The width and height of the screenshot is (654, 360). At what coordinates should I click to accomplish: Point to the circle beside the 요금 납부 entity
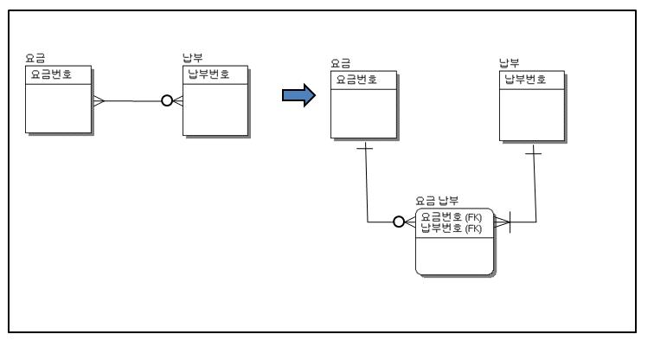point(399,222)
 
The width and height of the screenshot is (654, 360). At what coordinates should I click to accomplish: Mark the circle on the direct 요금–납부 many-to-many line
point(166,101)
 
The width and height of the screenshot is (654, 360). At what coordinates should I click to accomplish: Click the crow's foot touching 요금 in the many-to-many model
point(99,101)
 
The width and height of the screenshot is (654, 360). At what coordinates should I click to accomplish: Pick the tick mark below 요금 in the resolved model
point(366,150)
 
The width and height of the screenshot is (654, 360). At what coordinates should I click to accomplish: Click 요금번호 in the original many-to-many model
point(51,74)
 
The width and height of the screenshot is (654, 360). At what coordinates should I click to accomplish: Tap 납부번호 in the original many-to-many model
point(210,74)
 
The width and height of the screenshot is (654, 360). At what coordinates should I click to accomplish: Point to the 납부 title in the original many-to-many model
point(191,59)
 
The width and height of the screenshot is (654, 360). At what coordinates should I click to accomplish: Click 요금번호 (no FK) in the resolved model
point(356,79)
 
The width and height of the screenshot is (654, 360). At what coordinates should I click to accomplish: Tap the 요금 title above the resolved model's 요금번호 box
point(340,64)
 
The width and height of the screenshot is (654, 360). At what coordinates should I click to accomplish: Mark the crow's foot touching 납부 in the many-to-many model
point(177,101)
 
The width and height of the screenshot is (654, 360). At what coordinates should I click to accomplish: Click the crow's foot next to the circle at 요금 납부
point(410,222)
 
